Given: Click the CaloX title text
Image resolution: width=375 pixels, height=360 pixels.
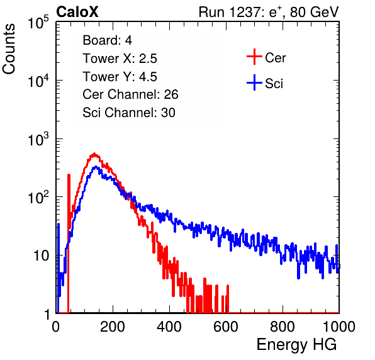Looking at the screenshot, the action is [77, 12].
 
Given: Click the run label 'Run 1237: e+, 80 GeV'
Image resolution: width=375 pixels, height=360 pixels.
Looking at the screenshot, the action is [269, 12].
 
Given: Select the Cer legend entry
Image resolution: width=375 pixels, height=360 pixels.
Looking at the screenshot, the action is [266, 57].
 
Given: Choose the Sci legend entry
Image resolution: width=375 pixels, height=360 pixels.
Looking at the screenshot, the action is [265, 83].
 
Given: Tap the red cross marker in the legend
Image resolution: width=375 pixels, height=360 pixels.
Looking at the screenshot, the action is [254, 57].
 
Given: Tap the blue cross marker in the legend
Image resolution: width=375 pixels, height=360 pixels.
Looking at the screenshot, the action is [254, 83].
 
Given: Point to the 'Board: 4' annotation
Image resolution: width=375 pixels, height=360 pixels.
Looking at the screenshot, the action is [108, 40].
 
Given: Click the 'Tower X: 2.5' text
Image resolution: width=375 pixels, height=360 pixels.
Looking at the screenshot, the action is [120, 59].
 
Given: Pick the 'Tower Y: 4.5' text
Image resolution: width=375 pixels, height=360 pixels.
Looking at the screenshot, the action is [120, 77].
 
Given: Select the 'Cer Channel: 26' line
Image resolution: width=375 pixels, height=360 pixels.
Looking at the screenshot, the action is [130, 94].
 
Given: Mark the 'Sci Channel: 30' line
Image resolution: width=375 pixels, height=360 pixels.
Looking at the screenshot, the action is [129, 113].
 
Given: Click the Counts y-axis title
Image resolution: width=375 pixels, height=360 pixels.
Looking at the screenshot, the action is [9, 49].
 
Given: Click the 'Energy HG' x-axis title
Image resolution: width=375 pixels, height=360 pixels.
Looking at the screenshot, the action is [296, 345].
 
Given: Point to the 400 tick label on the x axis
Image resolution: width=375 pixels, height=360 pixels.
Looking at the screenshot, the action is [169, 327].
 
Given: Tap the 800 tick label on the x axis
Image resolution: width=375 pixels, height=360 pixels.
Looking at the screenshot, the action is [283, 327].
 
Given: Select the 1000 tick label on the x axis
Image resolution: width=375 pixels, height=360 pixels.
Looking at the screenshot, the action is [339, 327].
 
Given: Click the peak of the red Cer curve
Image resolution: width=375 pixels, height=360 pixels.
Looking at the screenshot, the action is [94, 154].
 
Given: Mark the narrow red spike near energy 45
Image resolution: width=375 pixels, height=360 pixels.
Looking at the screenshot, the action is [69, 243].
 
